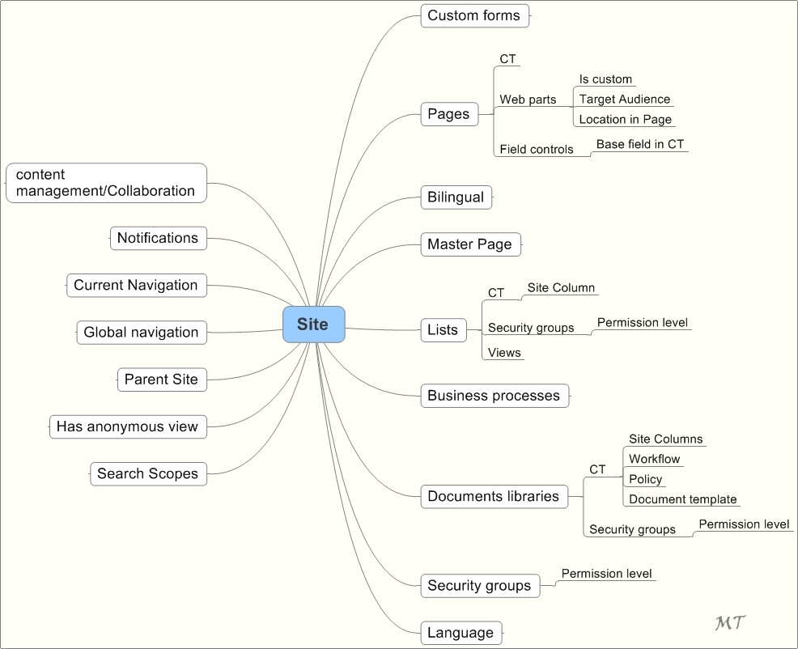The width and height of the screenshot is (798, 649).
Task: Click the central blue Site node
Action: click(313, 324)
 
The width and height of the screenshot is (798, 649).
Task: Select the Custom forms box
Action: click(475, 15)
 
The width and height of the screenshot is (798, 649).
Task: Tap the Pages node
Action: click(448, 114)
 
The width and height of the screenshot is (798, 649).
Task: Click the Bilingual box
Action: click(456, 197)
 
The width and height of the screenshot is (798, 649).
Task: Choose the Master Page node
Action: click(470, 244)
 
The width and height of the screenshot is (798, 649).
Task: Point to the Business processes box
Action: click(494, 396)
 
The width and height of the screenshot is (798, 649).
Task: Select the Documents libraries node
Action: click(493, 497)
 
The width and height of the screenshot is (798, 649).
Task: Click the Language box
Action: click(461, 633)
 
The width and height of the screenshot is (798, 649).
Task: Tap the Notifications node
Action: click(158, 238)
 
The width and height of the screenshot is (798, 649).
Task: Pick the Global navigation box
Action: click(142, 333)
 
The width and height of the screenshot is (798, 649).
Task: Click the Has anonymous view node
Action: click(127, 426)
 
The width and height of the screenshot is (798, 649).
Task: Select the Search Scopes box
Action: click(148, 474)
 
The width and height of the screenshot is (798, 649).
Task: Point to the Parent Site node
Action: click(162, 380)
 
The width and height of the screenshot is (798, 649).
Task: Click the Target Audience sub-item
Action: click(624, 100)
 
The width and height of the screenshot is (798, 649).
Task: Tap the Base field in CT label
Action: click(639, 145)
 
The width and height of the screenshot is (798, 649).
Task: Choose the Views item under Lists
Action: click(504, 353)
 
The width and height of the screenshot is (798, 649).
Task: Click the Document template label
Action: click(682, 499)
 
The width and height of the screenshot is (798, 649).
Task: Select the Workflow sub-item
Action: click(654, 459)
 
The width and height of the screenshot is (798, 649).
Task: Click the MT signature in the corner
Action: click(730, 622)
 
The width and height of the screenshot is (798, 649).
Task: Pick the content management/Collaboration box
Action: click(106, 183)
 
